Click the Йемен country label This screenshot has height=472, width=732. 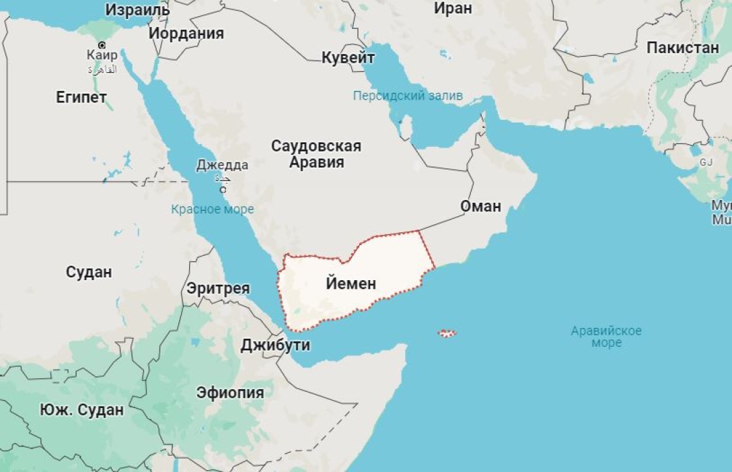351,284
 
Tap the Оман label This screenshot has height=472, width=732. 481,206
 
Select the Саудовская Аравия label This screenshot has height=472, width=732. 316,154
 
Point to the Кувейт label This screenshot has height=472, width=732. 348,57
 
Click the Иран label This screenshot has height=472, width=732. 453,9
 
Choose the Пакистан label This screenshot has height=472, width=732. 683,48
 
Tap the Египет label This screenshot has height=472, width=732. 81,98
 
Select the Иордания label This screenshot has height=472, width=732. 186,33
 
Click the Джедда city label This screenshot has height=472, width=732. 222,165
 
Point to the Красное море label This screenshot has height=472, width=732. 212,209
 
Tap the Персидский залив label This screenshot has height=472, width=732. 408,96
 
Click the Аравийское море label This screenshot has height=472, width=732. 606,337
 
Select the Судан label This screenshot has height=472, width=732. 89,272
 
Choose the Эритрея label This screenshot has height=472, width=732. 218,289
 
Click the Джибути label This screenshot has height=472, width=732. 276,345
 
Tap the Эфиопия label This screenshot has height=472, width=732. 230,393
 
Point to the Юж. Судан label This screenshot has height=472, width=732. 81,409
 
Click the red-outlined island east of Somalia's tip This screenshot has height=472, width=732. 447,333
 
